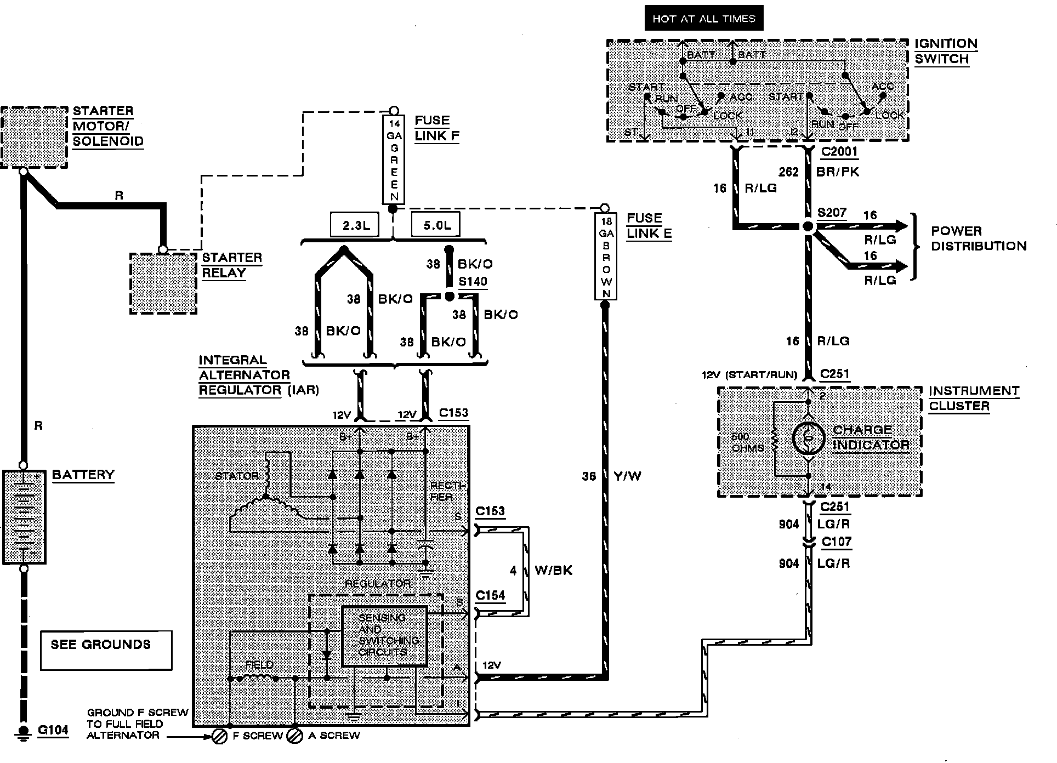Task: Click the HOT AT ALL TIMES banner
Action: coord(704,19)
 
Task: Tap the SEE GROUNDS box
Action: coord(106,650)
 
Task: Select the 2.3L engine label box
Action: coord(355,225)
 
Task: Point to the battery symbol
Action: coord(24,517)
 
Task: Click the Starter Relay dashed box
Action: coord(163,283)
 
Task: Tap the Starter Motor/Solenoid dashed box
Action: coord(34,138)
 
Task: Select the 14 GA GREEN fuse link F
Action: coord(394,160)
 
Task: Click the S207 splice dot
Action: coord(808,226)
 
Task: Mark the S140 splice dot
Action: coord(450,297)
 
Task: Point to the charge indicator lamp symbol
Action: coord(808,438)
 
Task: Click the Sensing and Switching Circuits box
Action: coord(384,636)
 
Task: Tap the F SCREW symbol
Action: coord(219,736)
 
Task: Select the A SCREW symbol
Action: coord(295,736)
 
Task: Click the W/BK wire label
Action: coord(553,571)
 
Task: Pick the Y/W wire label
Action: coord(628,476)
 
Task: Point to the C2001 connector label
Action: coord(839,152)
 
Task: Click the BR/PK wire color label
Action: coord(838,172)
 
